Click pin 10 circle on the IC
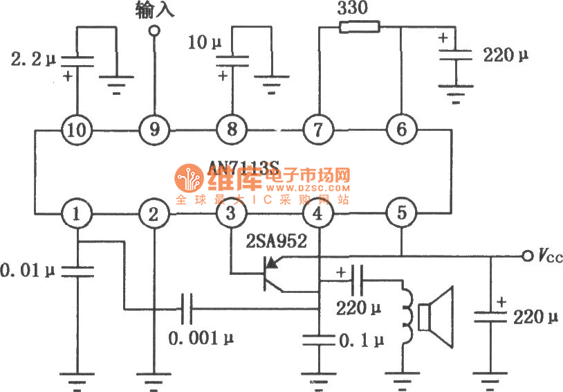point(76,129)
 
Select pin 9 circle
point(154,129)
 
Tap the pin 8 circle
point(232,129)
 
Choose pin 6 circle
point(401,129)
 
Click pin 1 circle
point(76,214)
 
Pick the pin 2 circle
point(154,214)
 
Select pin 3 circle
point(232,214)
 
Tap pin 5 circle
point(401,214)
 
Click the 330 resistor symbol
point(359,28)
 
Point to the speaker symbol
point(439,318)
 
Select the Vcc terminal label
point(550,256)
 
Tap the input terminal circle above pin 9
point(154,30)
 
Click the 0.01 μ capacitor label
point(28,266)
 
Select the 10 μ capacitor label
point(205,43)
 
